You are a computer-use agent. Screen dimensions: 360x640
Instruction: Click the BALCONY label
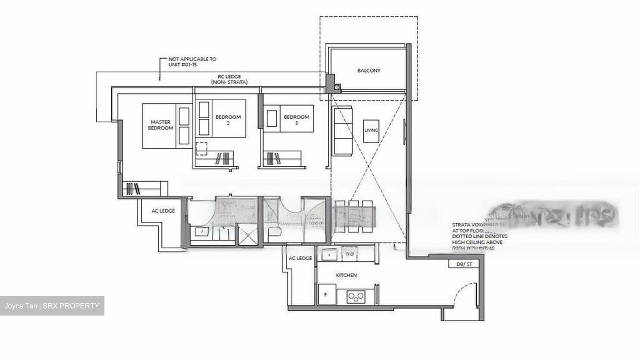point(368,71)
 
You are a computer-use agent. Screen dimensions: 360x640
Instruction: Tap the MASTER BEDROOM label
point(161,125)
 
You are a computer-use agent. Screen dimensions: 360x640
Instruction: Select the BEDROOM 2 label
point(228,120)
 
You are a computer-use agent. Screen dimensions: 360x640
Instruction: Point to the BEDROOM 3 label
point(296,120)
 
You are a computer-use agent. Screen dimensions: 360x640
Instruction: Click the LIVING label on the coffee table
point(371,130)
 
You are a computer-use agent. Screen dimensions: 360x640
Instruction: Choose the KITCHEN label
point(346,276)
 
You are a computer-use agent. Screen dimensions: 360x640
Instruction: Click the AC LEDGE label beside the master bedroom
point(163,211)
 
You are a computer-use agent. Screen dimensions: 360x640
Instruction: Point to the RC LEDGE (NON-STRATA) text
point(229,79)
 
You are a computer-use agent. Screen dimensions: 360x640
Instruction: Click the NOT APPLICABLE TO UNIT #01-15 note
point(192,62)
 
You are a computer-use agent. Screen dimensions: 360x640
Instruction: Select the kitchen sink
point(329,254)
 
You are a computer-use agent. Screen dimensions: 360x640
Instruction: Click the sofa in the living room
point(342,131)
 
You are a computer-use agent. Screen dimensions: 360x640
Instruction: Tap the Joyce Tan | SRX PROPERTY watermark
point(52,306)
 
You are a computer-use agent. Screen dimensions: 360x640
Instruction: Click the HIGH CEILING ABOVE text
point(477,242)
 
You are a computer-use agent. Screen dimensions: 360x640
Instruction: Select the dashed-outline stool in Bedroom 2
point(201,148)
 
